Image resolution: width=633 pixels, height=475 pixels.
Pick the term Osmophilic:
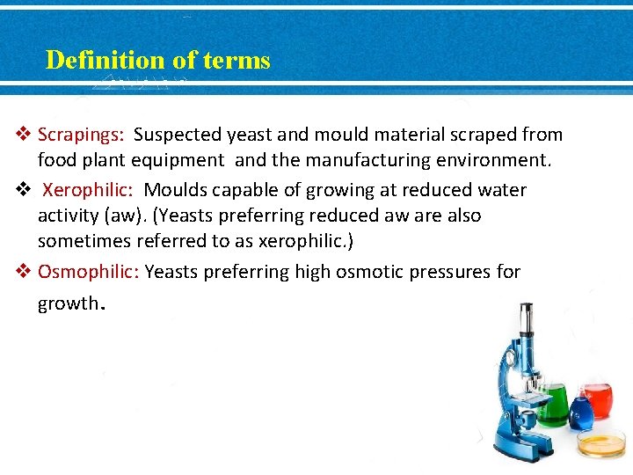[88, 272]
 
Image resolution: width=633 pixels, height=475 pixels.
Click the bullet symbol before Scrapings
[25, 135]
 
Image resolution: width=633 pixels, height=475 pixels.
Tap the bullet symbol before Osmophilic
[25, 271]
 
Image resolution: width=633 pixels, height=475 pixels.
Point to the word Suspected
[177, 135]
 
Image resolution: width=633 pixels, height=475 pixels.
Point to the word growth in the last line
[68, 303]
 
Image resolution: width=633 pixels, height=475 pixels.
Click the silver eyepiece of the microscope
[525, 321]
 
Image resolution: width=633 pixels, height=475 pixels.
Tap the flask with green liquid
[552, 404]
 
